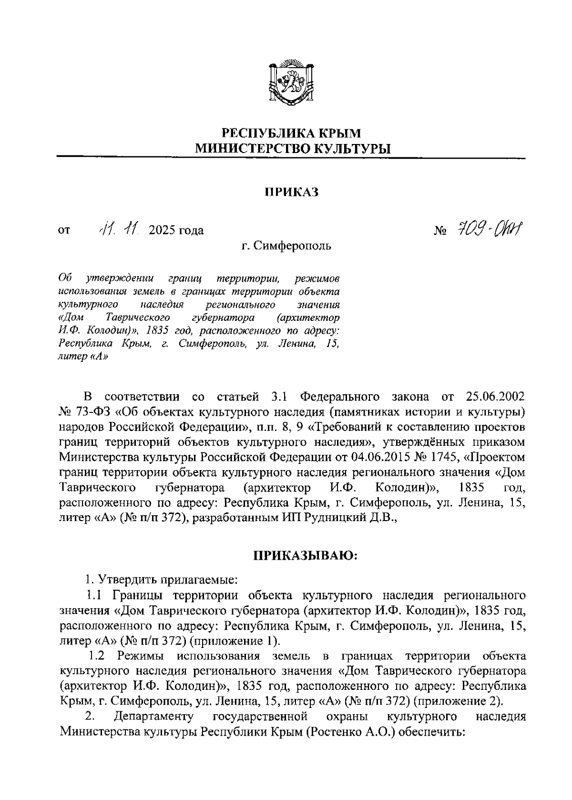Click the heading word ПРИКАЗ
coord(291,192)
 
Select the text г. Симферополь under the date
coord(286,246)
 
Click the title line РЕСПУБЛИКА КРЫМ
coord(293,132)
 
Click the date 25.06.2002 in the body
coord(494,397)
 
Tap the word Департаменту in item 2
coord(154,717)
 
